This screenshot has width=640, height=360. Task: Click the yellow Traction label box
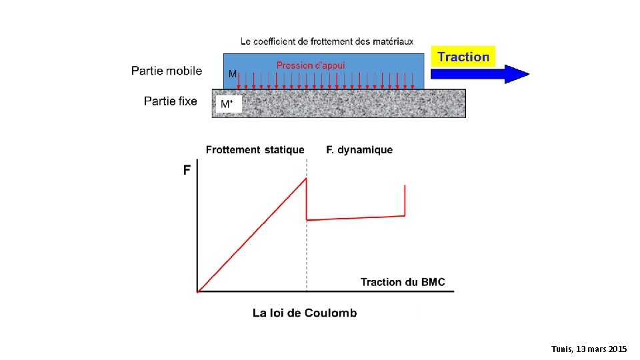click(x=464, y=57)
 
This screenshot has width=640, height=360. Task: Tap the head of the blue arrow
click(x=517, y=73)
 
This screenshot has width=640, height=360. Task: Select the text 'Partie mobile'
click(x=167, y=71)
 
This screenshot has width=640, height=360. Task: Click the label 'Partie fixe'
click(x=171, y=101)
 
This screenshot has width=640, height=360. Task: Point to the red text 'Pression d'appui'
click(x=311, y=65)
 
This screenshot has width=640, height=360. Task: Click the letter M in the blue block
click(x=233, y=75)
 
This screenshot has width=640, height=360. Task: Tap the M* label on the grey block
click(x=227, y=105)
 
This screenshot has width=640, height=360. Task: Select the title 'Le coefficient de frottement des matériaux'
click(x=327, y=41)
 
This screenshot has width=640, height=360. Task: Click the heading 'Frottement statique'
click(x=255, y=150)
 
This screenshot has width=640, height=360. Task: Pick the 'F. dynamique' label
click(x=359, y=150)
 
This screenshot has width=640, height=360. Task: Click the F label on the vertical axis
click(x=187, y=171)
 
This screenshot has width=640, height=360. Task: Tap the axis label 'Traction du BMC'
click(x=403, y=282)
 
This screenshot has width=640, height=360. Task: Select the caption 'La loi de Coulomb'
click(x=305, y=313)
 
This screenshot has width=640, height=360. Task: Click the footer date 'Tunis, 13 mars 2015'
click(x=589, y=349)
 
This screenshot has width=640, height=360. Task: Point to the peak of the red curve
click(x=306, y=178)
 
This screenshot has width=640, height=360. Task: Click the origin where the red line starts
click(x=198, y=291)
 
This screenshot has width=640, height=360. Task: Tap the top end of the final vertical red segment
click(x=405, y=186)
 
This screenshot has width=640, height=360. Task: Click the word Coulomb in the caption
click(x=331, y=313)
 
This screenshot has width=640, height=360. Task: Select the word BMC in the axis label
click(x=433, y=282)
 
